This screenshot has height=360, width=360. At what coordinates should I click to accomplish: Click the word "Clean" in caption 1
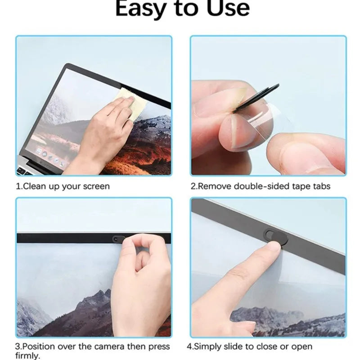(35, 186)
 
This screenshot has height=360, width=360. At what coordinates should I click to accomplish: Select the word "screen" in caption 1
(96, 186)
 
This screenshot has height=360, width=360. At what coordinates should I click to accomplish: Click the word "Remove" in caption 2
(213, 186)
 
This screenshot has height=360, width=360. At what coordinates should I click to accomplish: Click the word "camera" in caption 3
(112, 346)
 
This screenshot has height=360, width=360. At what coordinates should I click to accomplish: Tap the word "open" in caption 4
(302, 347)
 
